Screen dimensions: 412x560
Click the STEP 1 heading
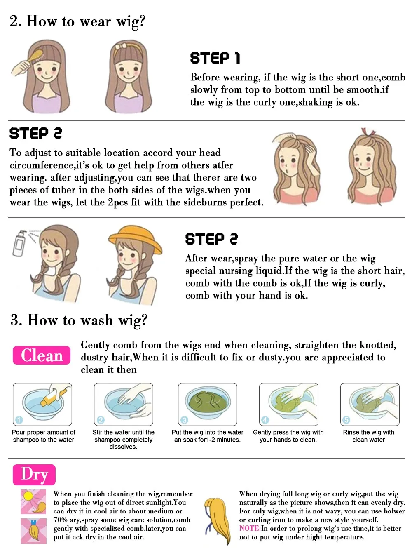tap(215, 58)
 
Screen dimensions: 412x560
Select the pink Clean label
tap(42, 355)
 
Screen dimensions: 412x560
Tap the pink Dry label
tap(34, 474)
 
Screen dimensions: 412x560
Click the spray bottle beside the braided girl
tap(19, 243)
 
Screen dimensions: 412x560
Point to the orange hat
tap(135, 239)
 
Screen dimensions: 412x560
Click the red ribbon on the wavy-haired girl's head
tap(368, 132)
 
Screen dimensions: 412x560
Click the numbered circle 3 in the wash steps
tap(185, 420)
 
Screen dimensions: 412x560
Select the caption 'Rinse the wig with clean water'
tap(368, 436)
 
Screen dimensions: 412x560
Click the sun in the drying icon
tap(28, 496)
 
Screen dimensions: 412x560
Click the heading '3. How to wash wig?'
tap(79, 320)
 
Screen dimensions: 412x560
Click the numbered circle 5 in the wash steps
tap(346, 420)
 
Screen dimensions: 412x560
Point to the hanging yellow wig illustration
tap(218, 520)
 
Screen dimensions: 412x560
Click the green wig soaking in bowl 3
tap(207, 402)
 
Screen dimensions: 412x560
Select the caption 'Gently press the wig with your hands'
tap(288, 436)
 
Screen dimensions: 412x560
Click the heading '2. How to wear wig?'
tap(77, 21)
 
